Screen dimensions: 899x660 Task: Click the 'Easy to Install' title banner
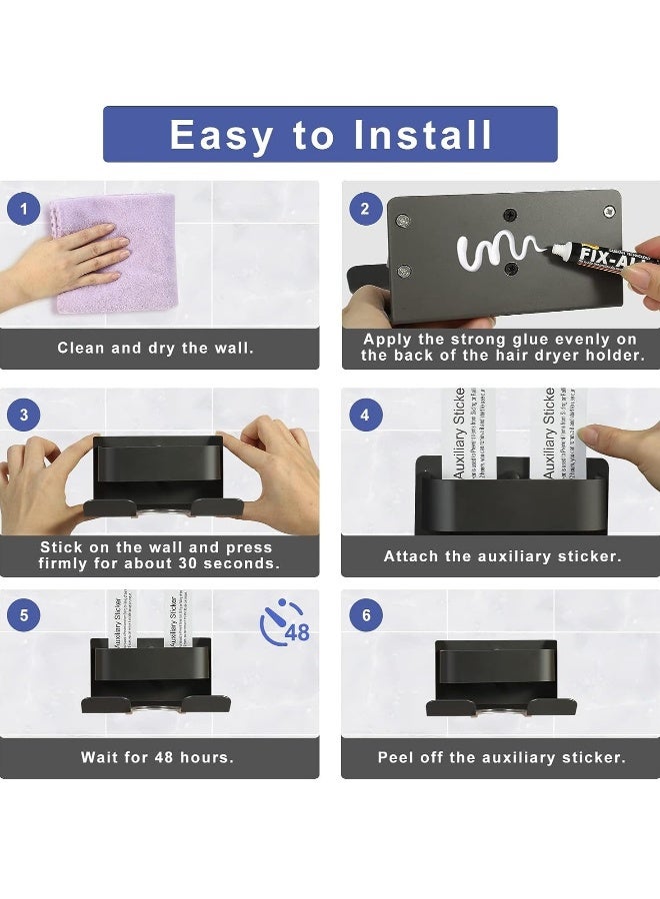click(330, 134)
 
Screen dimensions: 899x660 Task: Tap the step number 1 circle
click(24, 210)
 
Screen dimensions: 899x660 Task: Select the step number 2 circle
click(365, 209)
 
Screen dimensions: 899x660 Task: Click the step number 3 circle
click(24, 414)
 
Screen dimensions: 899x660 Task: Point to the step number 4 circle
click(365, 414)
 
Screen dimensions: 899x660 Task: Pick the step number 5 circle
click(24, 615)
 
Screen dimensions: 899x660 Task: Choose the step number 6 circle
click(365, 615)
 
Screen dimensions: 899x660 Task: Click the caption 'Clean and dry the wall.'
click(156, 349)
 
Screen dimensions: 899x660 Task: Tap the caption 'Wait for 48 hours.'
click(157, 757)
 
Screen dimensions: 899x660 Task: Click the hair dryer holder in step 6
click(500, 679)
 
